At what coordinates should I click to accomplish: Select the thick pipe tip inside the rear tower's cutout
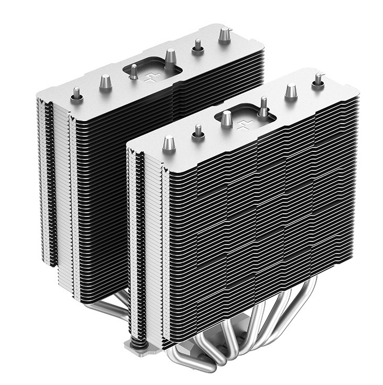170,56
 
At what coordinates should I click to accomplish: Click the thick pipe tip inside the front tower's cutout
226,118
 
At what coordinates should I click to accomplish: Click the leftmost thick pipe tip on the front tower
169,142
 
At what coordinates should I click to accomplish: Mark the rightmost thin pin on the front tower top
318,80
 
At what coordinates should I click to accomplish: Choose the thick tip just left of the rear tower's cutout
105,82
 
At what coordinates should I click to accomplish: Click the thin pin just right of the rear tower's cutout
198,46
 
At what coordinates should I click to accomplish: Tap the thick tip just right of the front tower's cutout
291,92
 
